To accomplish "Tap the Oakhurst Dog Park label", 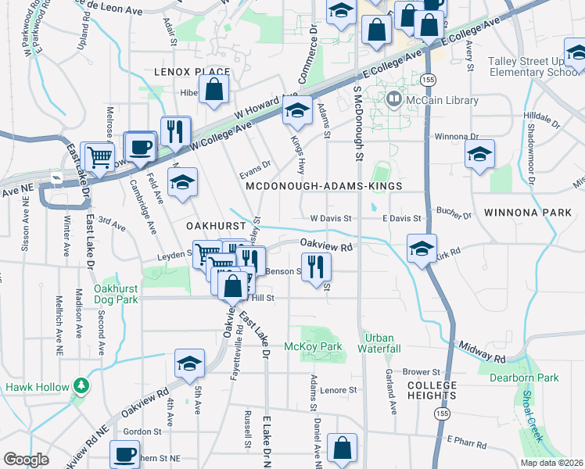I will (x=116, y=294).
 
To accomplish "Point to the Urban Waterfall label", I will (x=380, y=343).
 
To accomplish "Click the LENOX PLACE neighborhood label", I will (x=192, y=72).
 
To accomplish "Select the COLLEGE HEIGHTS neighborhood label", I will (x=431, y=392).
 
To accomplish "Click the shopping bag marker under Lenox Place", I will (x=214, y=90).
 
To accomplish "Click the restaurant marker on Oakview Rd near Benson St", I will (x=316, y=265).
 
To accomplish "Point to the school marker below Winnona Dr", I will (x=479, y=154).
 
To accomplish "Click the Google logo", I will (x=27, y=460).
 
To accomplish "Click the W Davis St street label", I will (x=332, y=218).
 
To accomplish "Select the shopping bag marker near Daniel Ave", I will (x=342, y=448).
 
